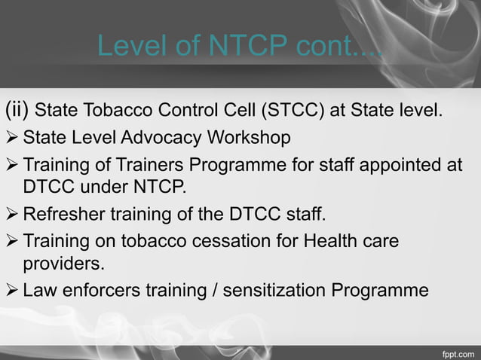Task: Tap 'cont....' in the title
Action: tap(335, 47)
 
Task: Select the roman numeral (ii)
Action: tap(17, 112)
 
